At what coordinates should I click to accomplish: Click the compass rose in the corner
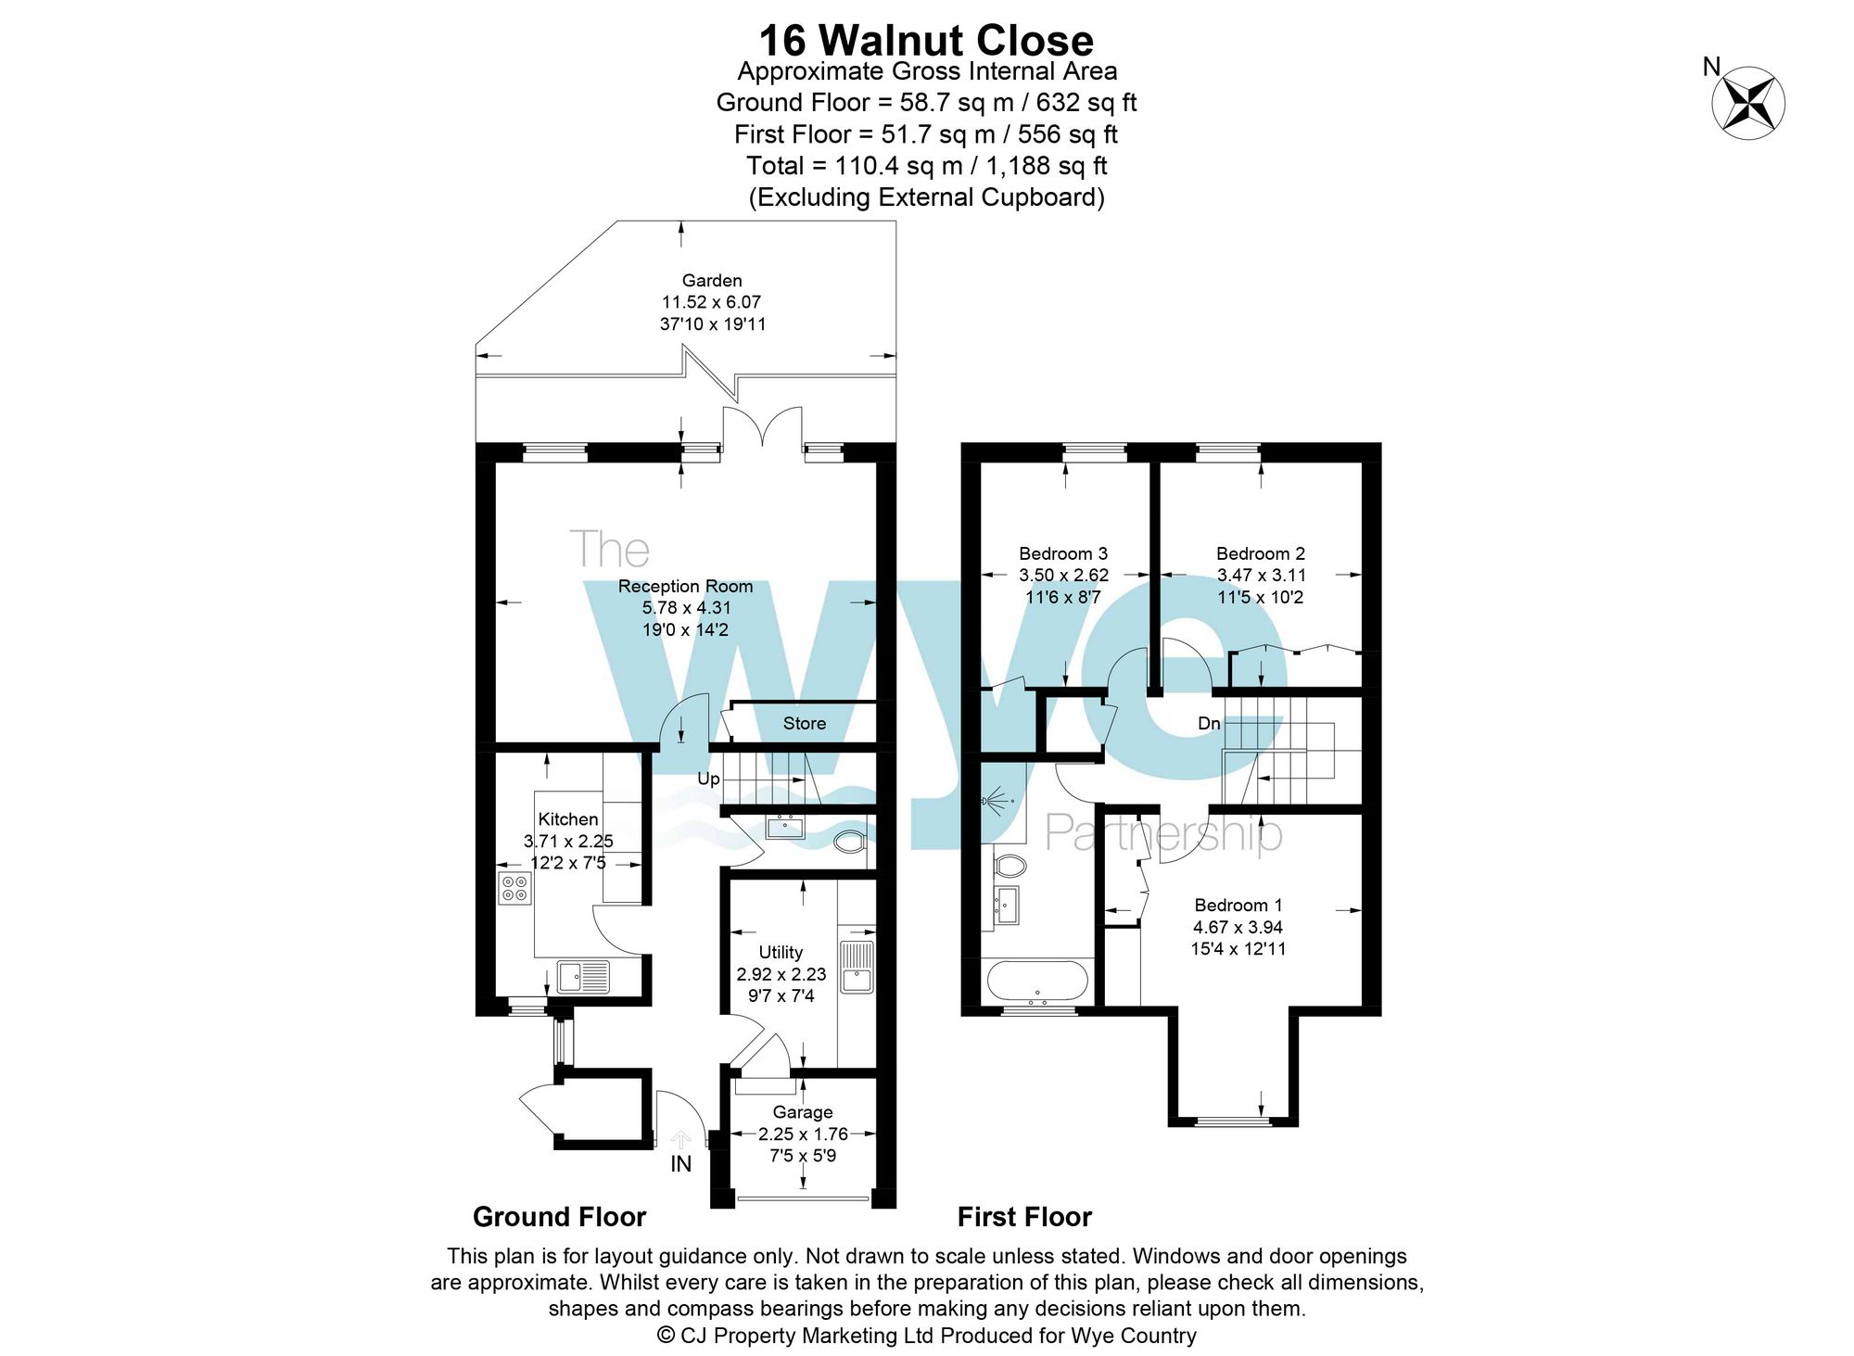click(1747, 103)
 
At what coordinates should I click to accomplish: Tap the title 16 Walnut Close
click(926, 40)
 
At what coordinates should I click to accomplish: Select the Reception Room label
click(685, 587)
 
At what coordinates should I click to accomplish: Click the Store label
click(804, 724)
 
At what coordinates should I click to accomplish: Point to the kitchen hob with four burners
click(514, 888)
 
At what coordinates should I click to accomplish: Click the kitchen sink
click(583, 976)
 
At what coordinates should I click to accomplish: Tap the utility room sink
click(856, 967)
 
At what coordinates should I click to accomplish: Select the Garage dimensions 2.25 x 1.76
click(803, 1134)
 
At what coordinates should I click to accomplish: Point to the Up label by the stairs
click(708, 779)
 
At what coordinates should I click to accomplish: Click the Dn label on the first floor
click(1209, 723)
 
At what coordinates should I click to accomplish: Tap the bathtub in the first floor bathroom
click(1037, 982)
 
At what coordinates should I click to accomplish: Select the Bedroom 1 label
click(1238, 905)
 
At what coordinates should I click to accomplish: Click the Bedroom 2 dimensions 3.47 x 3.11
click(1261, 576)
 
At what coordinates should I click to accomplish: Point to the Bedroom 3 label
click(1063, 553)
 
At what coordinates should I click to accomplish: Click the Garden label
click(712, 280)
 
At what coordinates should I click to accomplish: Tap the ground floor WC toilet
click(849, 843)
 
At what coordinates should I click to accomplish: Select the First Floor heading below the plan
click(1024, 1217)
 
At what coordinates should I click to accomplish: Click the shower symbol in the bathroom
click(996, 800)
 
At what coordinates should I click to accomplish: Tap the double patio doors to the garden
click(762, 429)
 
